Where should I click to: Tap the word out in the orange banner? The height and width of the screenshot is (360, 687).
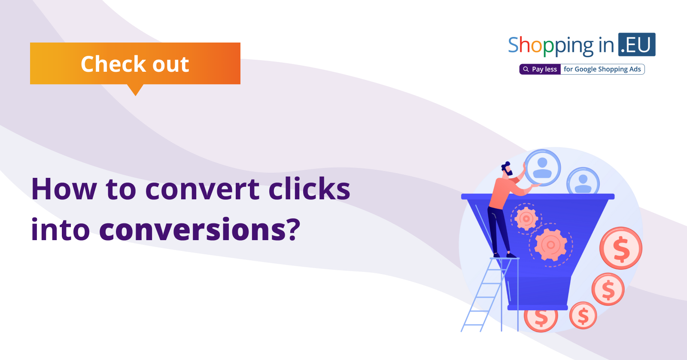pos(171,64)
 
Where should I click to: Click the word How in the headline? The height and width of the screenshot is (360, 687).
pos(64,189)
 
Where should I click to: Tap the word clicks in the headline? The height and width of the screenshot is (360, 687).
pos(309,188)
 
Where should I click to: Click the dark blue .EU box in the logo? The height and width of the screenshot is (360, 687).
pos(637,45)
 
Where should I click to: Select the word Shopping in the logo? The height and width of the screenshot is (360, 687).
pos(551,46)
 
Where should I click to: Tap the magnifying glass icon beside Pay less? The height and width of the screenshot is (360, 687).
pos(526,69)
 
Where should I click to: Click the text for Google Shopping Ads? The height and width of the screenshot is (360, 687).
pos(602,69)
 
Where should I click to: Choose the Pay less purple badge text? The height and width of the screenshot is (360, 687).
pos(544,69)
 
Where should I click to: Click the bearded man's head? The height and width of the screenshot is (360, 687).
pos(507,169)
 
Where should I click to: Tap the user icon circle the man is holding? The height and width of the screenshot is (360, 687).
pos(543,168)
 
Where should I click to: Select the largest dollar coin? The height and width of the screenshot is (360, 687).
pos(621,248)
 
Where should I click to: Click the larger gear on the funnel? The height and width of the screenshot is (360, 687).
pos(551,244)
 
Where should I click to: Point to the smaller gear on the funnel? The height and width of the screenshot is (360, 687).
pos(526,219)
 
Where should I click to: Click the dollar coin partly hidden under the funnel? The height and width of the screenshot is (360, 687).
pos(541,319)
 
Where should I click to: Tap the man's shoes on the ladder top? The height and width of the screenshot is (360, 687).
pos(505,255)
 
